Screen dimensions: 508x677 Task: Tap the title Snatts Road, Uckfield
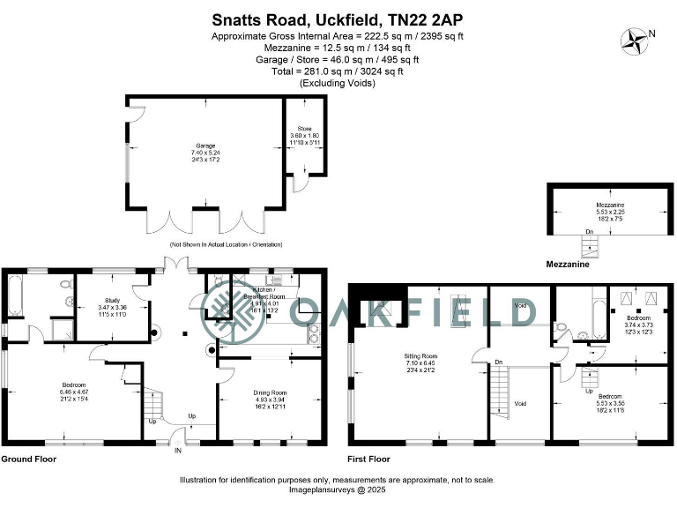pyautogui.click(x=338, y=19)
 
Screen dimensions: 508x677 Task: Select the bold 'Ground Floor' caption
pyautogui.click(x=29, y=459)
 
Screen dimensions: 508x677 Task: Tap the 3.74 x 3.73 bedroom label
pyautogui.click(x=639, y=324)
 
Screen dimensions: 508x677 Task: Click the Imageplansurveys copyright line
pyautogui.click(x=338, y=489)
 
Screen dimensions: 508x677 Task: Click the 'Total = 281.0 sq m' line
pyautogui.click(x=338, y=72)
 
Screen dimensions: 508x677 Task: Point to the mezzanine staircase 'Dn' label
pyautogui.click(x=588, y=233)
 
